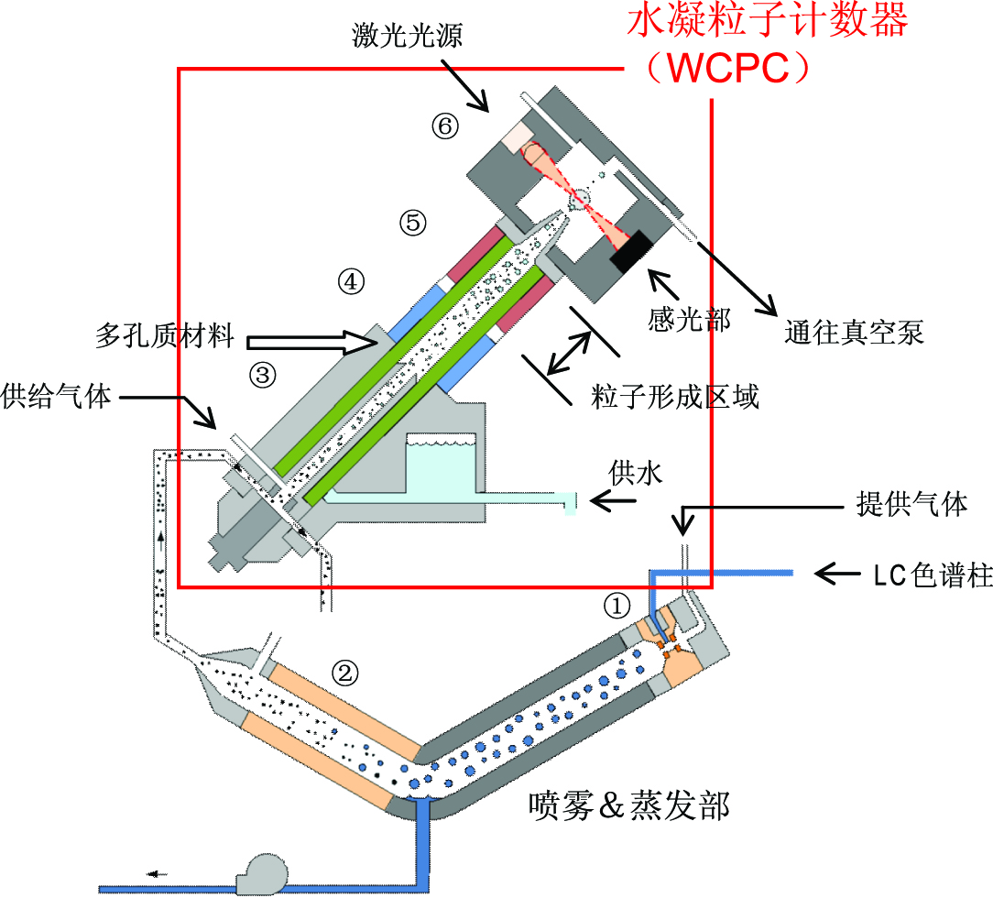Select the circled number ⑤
(412, 221)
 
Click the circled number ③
(263, 373)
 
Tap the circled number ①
(617, 605)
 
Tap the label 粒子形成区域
(676, 397)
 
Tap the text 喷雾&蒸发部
(629, 805)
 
